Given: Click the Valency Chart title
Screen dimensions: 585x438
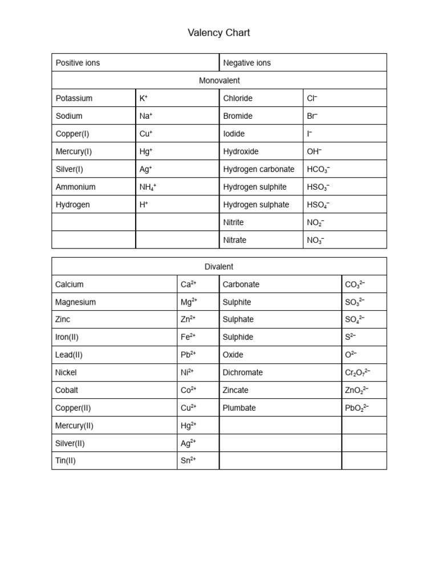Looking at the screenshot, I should point(218,33).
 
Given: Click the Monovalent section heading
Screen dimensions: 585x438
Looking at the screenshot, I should point(219,81).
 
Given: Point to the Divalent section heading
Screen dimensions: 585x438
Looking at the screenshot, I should point(219,267).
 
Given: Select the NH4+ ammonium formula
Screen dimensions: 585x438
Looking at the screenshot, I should point(148,187).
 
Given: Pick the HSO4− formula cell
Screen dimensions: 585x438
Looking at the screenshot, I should point(318,205).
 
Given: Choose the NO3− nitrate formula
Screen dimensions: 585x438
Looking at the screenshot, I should point(315,241).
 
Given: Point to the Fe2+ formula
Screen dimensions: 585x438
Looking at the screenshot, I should point(188,337).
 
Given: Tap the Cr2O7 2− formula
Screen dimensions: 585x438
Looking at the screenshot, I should point(358,372).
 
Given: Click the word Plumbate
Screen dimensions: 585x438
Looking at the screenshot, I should point(240,408).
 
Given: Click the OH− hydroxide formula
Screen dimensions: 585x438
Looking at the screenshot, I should point(314,151).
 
